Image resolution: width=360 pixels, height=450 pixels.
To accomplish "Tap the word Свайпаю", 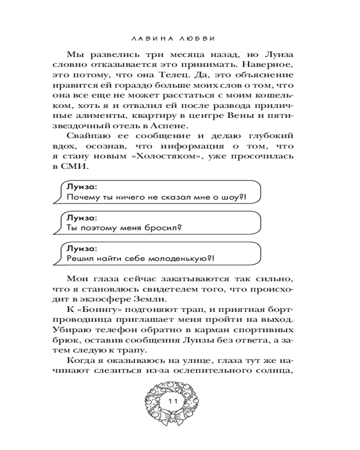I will tap(87, 135).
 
